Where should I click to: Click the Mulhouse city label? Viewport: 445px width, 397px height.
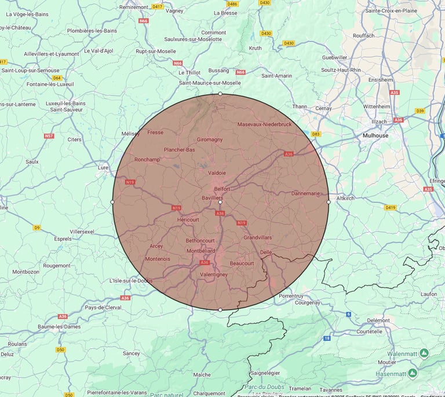[375, 135]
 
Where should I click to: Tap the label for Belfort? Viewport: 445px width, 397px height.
[222, 189]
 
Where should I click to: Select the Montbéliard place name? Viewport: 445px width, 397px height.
[200, 251]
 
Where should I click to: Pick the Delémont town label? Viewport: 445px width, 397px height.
[378, 320]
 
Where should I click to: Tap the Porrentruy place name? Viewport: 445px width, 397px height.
[291, 296]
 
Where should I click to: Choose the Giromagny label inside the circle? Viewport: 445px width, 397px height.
[210, 139]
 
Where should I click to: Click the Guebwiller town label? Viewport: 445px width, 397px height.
[335, 58]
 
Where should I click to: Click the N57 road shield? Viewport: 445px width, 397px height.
[49, 136]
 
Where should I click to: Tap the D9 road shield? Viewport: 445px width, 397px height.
[37, 227]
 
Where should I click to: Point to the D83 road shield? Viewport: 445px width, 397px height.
[316, 134]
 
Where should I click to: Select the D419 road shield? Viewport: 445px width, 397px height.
[391, 207]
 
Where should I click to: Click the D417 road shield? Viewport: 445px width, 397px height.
[157, 6]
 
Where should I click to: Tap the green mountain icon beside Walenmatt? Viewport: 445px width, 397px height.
[424, 352]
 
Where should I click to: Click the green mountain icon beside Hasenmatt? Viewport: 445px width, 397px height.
[413, 373]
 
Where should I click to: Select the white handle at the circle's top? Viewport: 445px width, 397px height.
[220, 93]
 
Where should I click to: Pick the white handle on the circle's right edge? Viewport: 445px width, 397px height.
[329, 202]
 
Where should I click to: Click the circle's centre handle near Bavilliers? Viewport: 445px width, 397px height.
[220, 202]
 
